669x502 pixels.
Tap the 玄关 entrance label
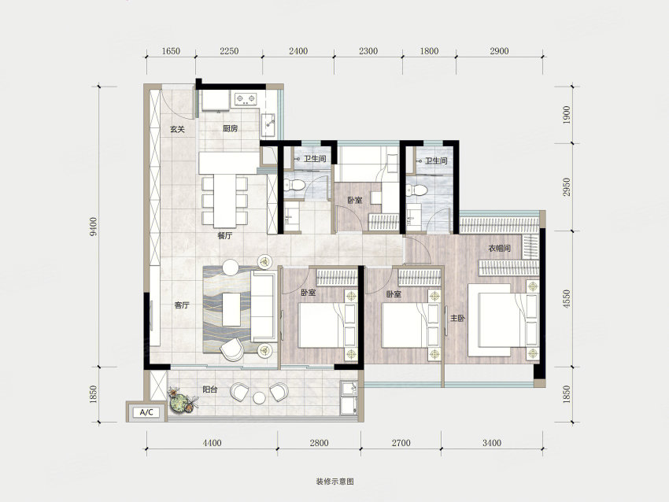(x=177, y=129)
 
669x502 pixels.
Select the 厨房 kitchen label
(x=230, y=128)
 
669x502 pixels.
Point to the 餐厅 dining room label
(x=225, y=235)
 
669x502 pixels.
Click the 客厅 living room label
(x=182, y=305)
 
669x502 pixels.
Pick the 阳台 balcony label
(x=210, y=389)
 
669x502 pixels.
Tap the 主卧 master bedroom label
(x=457, y=318)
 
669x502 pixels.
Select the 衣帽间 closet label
(x=500, y=248)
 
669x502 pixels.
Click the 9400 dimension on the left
(x=94, y=227)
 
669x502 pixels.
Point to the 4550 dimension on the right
(x=566, y=299)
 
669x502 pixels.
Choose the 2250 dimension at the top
(x=229, y=51)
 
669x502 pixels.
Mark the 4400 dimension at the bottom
(x=212, y=443)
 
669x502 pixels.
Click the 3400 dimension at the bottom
(x=492, y=443)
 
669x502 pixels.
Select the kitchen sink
(x=269, y=120)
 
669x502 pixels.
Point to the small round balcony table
(x=260, y=398)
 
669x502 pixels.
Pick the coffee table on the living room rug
(x=231, y=309)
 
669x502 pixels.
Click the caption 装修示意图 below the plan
(x=335, y=482)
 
